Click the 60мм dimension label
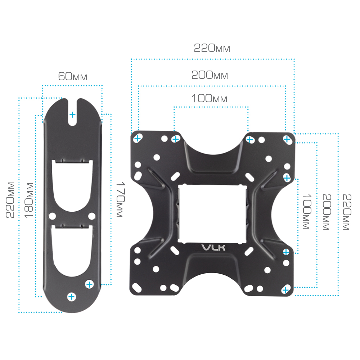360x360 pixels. pos(73,76)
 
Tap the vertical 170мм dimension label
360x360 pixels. pos(120,199)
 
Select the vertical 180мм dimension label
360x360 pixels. pos(29,200)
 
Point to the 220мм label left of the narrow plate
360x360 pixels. pos(10,200)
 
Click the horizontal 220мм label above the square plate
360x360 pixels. pos(212,48)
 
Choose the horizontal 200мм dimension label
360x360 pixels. pos(210,75)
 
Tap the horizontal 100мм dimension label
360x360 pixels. pos(210,99)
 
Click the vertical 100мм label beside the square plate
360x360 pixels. pos(307,211)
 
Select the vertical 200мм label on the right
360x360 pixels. pos(327,212)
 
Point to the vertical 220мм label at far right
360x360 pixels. pos(347,212)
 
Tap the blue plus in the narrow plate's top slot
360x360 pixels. pos(72,114)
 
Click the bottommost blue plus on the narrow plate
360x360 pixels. pos(71,297)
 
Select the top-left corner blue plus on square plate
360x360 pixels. pos(137,139)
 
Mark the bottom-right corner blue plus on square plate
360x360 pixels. pos(285,290)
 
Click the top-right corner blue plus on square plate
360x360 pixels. pos(287,139)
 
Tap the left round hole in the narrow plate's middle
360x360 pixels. pos(52,216)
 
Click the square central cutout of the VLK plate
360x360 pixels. pos(212,213)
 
